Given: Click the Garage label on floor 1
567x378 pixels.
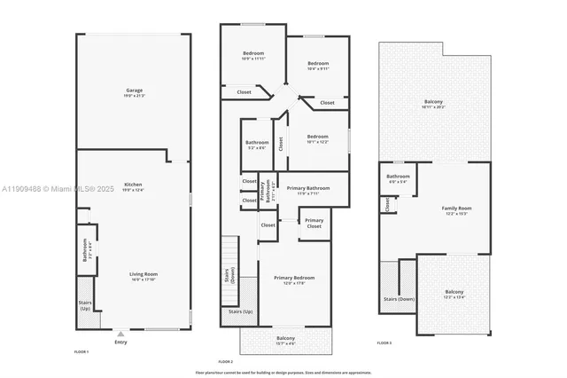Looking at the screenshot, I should coord(134,92).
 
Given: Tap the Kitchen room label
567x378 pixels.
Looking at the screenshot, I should coord(134,187).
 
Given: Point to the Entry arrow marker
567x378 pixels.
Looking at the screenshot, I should coord(120,335).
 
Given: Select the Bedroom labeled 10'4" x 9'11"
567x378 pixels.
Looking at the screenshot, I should coord(318,65).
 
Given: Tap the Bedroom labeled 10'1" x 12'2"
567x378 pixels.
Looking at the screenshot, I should coord(317,138).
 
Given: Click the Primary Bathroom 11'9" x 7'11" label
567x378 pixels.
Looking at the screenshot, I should coord(307,190).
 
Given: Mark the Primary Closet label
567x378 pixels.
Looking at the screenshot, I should coord(314,224).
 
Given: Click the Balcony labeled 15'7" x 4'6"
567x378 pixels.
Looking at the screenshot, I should coord(285,341).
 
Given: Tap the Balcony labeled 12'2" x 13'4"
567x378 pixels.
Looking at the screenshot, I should coord(454,295).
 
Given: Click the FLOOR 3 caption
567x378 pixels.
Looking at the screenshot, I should coord(384,343).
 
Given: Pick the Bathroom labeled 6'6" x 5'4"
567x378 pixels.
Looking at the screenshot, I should coord(398,178).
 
